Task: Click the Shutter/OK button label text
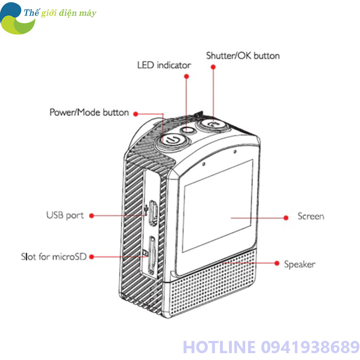243,56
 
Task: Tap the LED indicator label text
164,65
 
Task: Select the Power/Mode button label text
89,112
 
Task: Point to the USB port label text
65,216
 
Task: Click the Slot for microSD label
54,257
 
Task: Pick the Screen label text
311,216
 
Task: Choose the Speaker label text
300,264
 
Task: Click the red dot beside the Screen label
286,217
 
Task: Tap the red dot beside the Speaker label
277,263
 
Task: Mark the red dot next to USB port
91,216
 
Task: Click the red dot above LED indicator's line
186,76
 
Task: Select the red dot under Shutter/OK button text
213,67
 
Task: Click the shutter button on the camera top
212,124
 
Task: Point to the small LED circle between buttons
188,130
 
